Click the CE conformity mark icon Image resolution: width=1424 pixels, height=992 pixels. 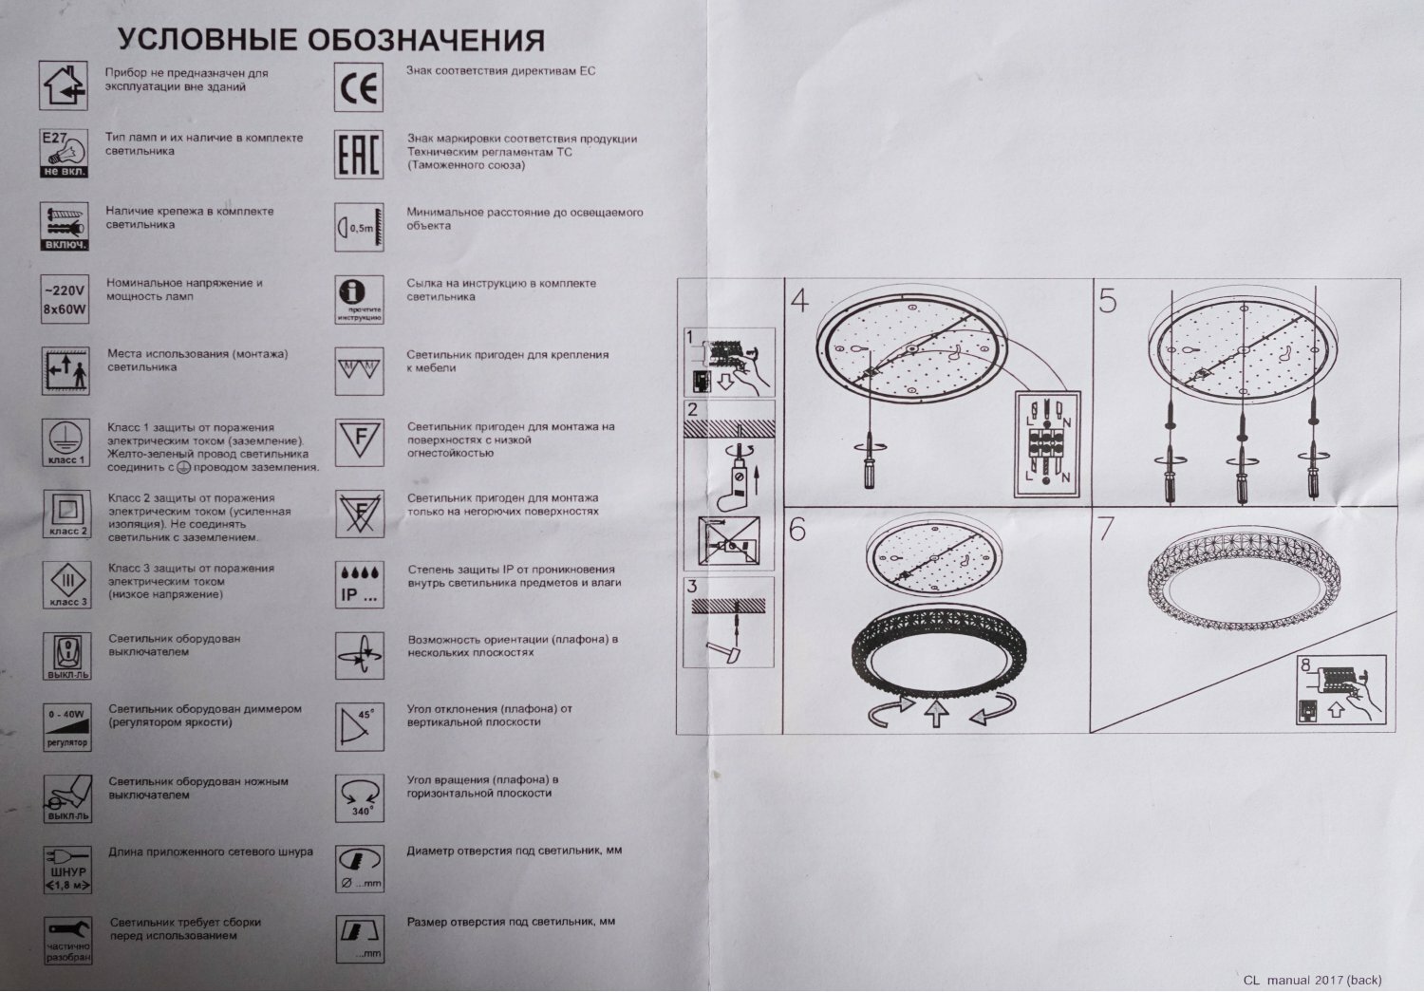click(360, 87)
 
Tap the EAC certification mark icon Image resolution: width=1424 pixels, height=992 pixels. click(360, 155)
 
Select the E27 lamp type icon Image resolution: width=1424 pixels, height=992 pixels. click(65, 154)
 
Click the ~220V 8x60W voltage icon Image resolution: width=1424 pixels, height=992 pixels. click(66, 298)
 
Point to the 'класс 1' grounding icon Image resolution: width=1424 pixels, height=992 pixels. click(66, 441)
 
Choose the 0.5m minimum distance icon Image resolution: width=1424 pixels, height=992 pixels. click(360, 228)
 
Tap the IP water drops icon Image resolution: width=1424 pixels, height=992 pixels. click(360, 585)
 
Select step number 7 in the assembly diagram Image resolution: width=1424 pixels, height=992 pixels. click(1105, 529)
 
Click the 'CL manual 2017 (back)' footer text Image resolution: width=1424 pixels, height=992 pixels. click(1312, 980)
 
